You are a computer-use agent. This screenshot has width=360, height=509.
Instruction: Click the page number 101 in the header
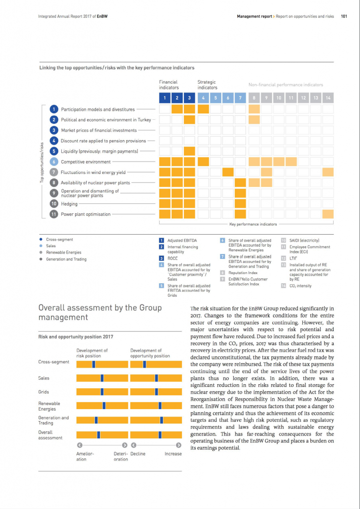click(x=344, y=16)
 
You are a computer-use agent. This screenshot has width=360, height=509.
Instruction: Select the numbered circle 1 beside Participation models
click(x=54, y=109)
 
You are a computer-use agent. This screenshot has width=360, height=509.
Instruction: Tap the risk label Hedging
click(x=69, y=204)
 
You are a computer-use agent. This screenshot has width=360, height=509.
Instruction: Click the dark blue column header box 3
click(x=189, y=98)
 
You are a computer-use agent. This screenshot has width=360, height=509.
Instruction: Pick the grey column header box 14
click(x=328, y=98)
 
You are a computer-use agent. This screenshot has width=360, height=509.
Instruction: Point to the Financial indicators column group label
click(x=169, y=85)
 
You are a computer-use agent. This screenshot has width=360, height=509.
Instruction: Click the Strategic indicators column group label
click(x=207, y=85)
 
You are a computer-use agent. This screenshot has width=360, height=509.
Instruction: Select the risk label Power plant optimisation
click(x=86, y=214)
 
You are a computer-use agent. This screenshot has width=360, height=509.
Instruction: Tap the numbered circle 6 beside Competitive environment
click(x=54, y=162)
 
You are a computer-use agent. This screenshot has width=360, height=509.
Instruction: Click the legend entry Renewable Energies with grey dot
click(x=63, y=253)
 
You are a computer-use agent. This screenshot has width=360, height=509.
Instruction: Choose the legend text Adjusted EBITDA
click(x=182, y=241)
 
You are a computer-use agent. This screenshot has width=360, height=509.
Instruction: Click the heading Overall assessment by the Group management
click(x=99, y=312)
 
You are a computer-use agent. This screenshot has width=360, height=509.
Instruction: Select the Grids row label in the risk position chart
click(x=43, y=392)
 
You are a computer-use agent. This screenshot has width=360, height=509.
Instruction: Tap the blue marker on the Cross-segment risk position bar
click(x=93, y=364)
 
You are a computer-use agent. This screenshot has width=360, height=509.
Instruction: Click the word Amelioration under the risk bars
click(x=85, y=456)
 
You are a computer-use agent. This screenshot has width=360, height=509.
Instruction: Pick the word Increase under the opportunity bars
click(x=173, y=454)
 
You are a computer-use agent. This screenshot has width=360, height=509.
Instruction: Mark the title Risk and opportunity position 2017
click(x=76, y=337)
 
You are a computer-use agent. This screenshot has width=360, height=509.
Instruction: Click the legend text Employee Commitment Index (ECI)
click(x=309, y=249)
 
